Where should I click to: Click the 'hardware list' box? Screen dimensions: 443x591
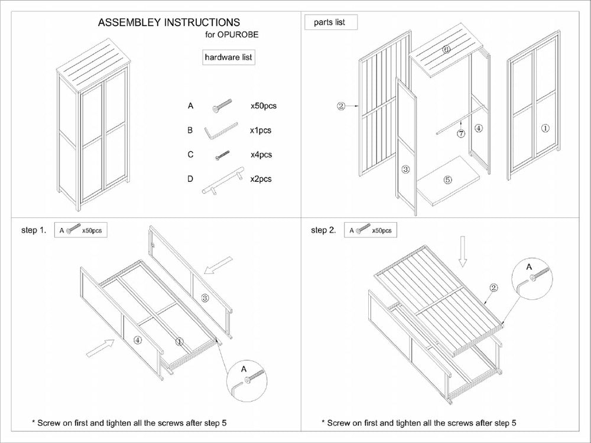[x=228, y=57]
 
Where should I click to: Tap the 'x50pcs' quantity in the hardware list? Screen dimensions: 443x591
[x=264, y=106]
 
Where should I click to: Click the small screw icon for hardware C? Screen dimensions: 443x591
[x=222, y=155]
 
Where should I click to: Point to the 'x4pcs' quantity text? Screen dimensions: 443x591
[x=261, y=155]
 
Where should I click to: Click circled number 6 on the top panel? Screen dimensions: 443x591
[x=447, y=50]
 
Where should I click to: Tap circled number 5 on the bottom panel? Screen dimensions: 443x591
[x=447, y=180]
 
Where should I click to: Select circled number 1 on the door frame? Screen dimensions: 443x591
[x=545, y=127]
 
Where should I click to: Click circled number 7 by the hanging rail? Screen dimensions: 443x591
[x=461, y=133]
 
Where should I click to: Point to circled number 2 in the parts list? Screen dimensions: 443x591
[x=341, y=106]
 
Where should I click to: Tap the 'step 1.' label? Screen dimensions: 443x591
[x=34, y=230]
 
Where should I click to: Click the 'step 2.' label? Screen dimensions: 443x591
[x=323, y=230]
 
